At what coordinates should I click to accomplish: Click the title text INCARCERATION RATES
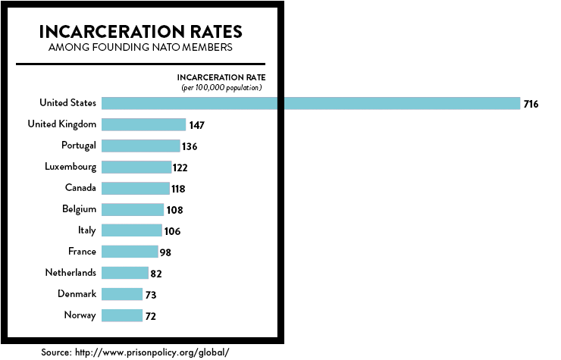(x=140, y=32)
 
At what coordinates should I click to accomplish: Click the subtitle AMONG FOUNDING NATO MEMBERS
(x=140, y=49)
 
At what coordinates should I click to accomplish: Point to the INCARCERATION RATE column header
(x=221, y=77)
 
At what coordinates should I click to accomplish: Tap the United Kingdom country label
(x=61, y=124)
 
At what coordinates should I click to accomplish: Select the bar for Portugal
(x=140, y=146)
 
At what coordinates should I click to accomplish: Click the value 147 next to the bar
(x=197, y=125)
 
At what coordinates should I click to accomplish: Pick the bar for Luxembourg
(x=136, y=167)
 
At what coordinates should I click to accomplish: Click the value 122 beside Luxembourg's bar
(x=180, y=167)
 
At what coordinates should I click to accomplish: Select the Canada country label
(x=80, y=188)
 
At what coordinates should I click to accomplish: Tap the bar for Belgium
(x=133, y=209)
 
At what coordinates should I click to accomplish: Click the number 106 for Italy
(x=172, y=231)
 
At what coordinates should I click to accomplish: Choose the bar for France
(x=130, y=252)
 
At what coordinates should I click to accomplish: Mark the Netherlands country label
(x=71, y=272)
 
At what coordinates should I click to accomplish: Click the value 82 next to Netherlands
(x=157, y=274)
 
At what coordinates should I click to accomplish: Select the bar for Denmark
(x=122, y=294)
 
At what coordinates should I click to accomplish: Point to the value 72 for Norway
(x=151, y=316)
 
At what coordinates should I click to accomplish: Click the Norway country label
(x=80, y=315)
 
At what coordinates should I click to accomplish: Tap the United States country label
(x=67, y=103)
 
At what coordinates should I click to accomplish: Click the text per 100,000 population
(x=221, y=88)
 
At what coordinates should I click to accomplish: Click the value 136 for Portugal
(x=189, y=146)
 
